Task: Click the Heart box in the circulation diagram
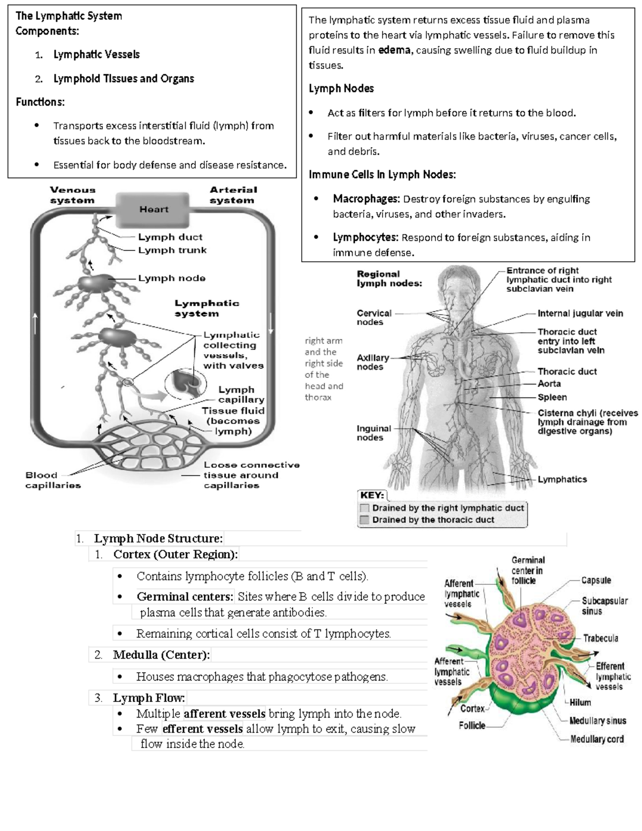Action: click(153, 209)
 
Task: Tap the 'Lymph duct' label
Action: click(170, 237)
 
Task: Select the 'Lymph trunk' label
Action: click(172, 250)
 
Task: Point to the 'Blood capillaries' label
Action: click(52, 480)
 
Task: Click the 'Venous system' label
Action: click(72, 195)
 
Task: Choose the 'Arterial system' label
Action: click(233, 195)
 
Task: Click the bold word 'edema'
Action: click(394, 50)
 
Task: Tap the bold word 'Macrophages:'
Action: click(366, 199)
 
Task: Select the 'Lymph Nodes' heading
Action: click(341, 89)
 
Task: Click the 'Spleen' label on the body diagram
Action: click(552, 397)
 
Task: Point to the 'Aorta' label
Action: click(549, 384)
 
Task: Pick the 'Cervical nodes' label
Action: click(374, 317)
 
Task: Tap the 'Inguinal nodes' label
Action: click(373, 433)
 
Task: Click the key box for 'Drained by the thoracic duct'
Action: click(365, 520)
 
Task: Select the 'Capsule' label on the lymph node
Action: click(596, 580)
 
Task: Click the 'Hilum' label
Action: click(580, 703)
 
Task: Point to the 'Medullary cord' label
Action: click(597, 739)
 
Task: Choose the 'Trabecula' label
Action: click(600, 638)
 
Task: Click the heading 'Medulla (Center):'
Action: click(161, 655)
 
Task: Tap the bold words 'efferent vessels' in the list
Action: click(203, 729)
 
